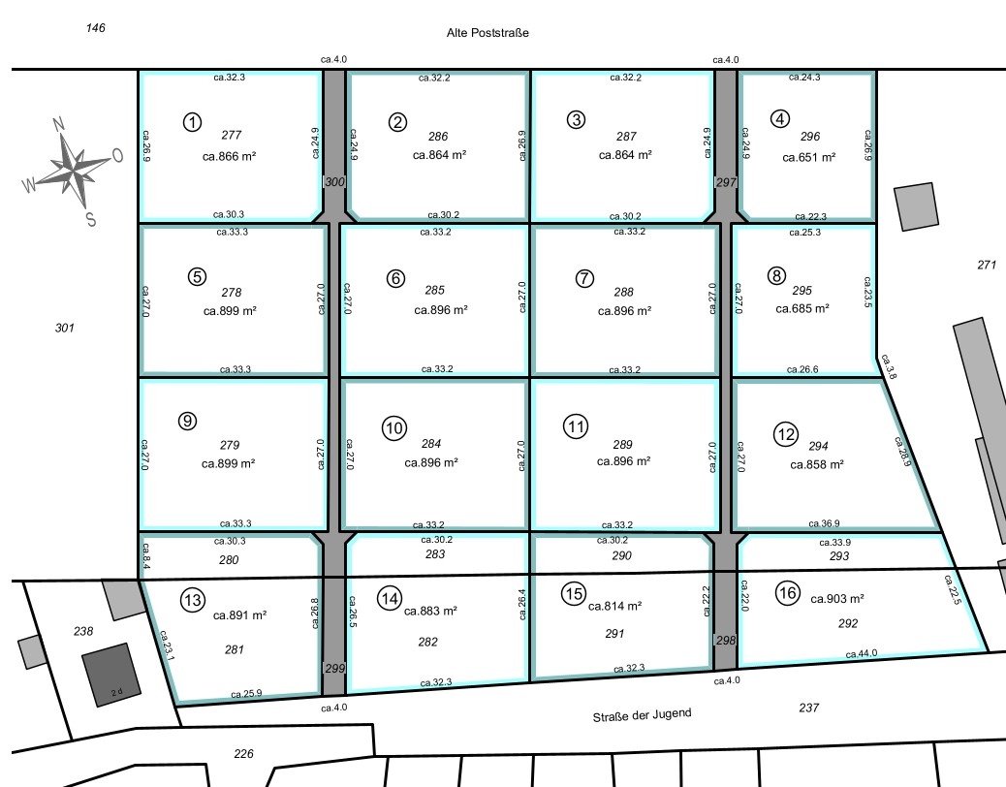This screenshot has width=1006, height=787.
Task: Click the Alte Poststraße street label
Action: pos(487,33)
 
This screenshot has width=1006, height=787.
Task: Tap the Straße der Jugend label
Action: pos(642,714)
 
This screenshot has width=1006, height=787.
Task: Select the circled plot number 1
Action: pos(193,122)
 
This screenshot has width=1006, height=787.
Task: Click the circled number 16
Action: pos(787,592)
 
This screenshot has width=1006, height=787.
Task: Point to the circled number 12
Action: pos(786,434)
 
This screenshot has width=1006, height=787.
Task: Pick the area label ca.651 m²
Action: pos(808,157)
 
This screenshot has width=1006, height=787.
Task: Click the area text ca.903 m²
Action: pos(836,598)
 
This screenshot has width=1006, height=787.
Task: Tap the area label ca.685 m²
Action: pos(802,308)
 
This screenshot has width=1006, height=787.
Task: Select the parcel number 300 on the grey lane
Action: pos(334,182)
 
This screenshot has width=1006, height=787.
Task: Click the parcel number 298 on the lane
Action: pos(726,640)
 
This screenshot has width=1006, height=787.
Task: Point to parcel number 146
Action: pos(96,27)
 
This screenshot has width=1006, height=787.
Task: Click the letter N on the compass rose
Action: pos(58,123)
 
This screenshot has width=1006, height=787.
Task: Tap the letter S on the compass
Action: pos(90,220)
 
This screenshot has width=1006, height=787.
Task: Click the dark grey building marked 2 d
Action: pos(110,675)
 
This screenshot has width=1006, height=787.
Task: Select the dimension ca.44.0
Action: pos(861,653)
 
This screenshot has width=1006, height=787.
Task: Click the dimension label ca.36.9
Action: pos(824,523)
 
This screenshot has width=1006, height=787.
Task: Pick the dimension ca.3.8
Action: pos(889,366)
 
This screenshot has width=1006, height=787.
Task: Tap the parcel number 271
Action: pos(987,265)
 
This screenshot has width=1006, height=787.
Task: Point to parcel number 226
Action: pos(244,754)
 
